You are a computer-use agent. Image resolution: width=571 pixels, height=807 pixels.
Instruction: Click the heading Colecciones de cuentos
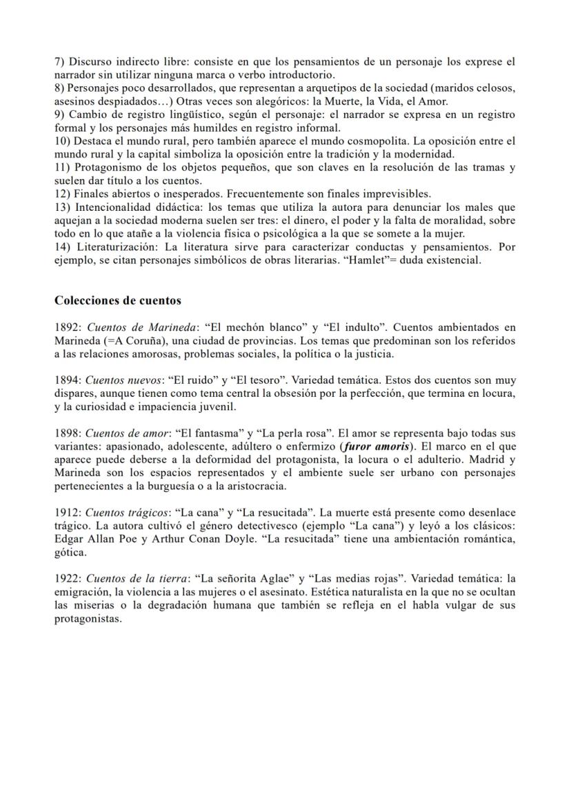pos(118,300)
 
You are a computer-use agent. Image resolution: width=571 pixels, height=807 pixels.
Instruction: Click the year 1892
pos(68,327)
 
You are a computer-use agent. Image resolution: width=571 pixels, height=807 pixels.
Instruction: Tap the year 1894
pos(68,380)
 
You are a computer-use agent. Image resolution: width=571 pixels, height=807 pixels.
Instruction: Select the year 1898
pos(68,433)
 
